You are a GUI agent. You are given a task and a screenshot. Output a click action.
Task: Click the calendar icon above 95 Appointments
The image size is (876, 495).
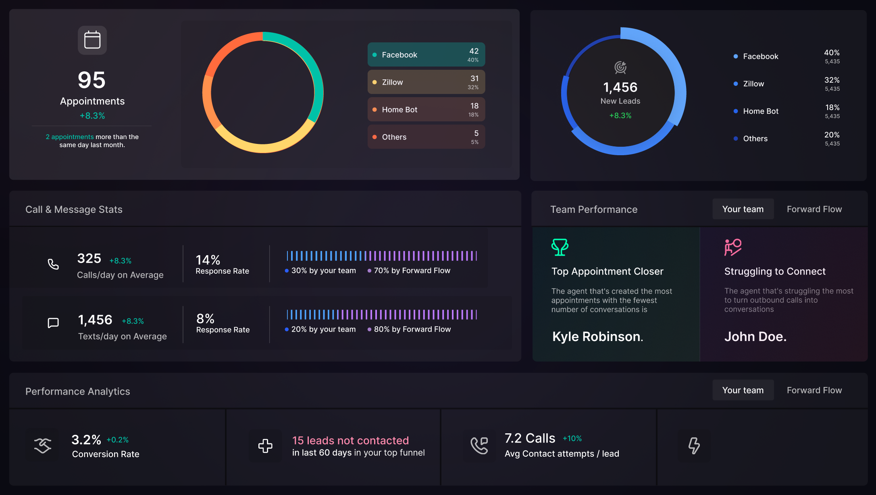92,40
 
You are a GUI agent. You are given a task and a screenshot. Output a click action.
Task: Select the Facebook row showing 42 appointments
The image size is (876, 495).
426,55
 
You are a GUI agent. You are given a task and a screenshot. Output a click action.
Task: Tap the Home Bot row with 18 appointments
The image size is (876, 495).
426,110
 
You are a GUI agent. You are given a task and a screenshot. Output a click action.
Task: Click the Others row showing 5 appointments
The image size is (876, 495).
426,137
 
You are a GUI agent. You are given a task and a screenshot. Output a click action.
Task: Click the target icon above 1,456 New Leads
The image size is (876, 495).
620,67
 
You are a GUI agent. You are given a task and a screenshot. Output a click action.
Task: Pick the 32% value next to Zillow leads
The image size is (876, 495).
832,80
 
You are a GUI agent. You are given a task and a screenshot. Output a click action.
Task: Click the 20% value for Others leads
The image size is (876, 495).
832,135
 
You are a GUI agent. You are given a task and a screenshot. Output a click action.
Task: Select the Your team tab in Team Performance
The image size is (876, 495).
743,209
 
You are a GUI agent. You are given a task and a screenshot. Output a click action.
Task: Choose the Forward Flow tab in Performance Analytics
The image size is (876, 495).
814,390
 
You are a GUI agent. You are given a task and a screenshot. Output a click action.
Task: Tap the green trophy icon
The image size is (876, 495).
560,247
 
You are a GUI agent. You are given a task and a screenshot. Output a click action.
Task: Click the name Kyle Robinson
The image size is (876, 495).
597,337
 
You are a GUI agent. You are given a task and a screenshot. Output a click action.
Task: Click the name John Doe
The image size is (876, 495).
755,337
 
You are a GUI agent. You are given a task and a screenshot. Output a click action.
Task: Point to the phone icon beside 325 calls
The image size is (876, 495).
53,264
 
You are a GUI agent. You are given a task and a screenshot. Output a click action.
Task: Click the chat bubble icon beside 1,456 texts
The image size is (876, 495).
53,323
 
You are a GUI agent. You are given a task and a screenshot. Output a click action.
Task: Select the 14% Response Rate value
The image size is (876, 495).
208,260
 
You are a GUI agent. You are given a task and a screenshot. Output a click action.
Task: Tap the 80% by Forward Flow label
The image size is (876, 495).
412,329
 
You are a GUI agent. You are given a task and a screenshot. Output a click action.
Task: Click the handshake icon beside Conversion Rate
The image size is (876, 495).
42,445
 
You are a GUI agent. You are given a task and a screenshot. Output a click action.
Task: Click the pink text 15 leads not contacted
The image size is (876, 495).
350,440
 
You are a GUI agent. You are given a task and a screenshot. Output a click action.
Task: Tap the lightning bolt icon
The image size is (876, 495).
694,445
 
